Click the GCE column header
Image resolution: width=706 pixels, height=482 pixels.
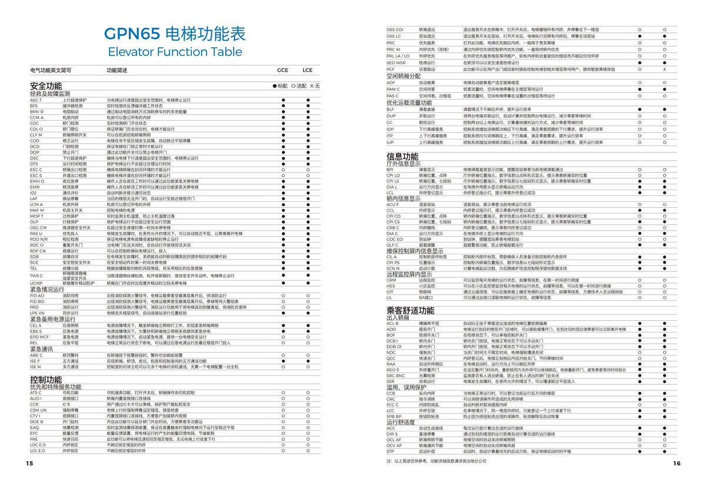(282, 70)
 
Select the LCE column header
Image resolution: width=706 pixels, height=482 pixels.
(308, 70)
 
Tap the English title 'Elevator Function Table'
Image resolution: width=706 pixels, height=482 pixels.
(175, 51)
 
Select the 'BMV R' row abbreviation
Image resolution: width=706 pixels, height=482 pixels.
(37, 111)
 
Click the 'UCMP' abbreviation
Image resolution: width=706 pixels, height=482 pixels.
(36, 283)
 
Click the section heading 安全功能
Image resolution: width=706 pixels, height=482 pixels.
(46, 86)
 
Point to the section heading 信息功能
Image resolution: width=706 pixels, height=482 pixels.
(402, 157)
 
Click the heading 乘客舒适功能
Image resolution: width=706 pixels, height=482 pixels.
(410, 310)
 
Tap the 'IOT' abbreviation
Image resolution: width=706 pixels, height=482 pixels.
(390, 292)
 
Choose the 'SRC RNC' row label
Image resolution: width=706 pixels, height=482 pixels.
(395, 375)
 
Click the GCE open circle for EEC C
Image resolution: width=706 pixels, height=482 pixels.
(282, 169)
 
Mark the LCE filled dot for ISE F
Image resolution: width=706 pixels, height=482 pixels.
(308, 361)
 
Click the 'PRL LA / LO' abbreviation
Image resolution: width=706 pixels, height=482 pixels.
(398, 56)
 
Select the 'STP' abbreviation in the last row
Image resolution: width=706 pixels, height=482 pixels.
(391, 451)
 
